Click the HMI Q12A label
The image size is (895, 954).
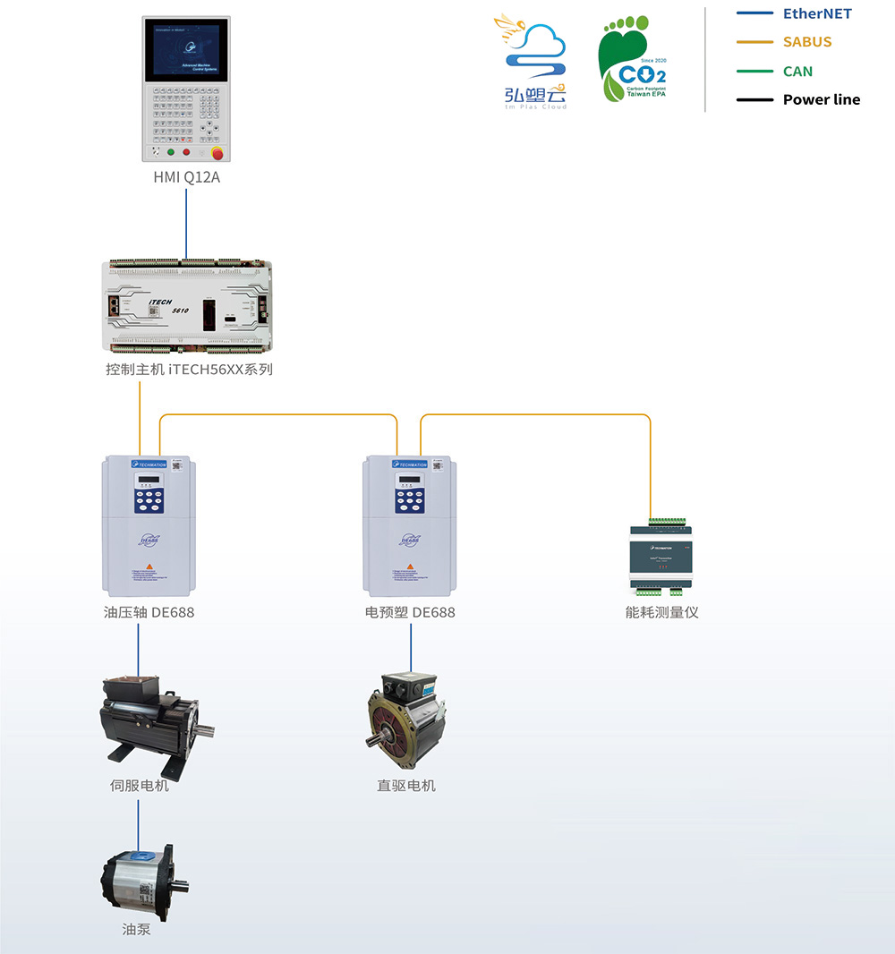(x=186, y=177)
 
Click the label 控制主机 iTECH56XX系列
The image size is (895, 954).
(x=189, y=369)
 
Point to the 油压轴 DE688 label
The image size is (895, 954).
(x=149, y=612)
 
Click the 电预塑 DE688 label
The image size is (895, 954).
(x=410, y=612)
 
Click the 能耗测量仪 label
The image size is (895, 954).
(x=662, y=612)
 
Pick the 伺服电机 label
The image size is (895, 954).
(x=139, y=786)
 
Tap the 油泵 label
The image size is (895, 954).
(x=137, y=929)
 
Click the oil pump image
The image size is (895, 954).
(x=143, y=882)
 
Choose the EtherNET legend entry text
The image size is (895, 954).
(x=817, y=13)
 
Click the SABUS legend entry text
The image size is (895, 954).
(x=807, y=42)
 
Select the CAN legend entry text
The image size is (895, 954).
(x=797, y=71)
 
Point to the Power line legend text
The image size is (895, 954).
(x=822, y=99)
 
